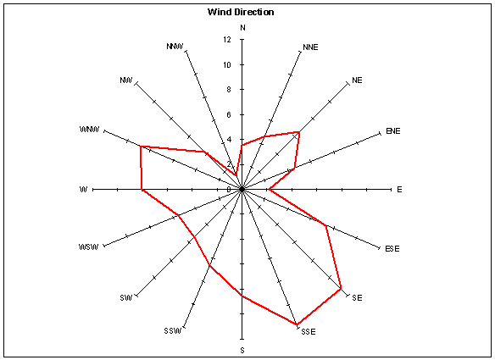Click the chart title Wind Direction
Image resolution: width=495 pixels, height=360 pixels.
tap(241, 12)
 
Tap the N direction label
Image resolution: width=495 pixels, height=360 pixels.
tap(242, 28)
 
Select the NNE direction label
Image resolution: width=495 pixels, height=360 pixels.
tap(310, 47)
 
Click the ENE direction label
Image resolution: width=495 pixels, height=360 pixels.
tap(393, 131)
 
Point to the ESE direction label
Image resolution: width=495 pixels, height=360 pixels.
tap(392, 249)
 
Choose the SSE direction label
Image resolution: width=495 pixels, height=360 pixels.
tap(309, 332)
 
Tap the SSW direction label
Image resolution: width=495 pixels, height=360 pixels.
tap(173, 331)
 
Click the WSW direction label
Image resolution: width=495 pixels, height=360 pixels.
tap(89, 246)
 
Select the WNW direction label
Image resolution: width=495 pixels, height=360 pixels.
tap(90, 130)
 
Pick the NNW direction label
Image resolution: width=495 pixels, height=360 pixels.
tap(175, 47)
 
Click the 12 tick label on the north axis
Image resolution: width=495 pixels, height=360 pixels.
tap(227, 40)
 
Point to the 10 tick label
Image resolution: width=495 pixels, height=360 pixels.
tap(227, 64)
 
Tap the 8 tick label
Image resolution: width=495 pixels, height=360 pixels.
tap(229, 90)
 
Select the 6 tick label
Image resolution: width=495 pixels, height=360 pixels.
tap(229, 114)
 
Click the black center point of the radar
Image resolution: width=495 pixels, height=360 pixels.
tap(242, 189)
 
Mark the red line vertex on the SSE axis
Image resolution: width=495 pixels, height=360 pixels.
tap(297, 324)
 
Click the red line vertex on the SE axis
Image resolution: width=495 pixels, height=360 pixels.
tap(341, 288)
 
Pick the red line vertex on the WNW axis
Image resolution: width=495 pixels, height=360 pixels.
tap(141, 147)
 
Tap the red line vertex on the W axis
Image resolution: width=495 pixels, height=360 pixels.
tap(142, 190)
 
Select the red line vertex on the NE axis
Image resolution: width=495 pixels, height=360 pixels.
tap(299, 132)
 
